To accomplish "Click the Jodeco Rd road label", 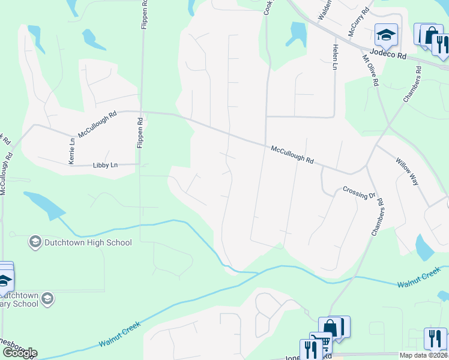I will (x=388, y=53).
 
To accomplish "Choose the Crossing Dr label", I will (x=358, y=192).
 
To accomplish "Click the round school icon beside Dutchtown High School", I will (x=35, y=242).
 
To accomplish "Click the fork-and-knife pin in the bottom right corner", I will (x=435, y=338).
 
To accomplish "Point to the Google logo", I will (x=20, y=353).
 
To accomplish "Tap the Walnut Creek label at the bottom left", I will (x=119, y=335).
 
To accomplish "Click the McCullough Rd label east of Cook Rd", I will (x=292, y=155).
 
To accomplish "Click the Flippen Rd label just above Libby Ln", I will (x=140, y=133).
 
